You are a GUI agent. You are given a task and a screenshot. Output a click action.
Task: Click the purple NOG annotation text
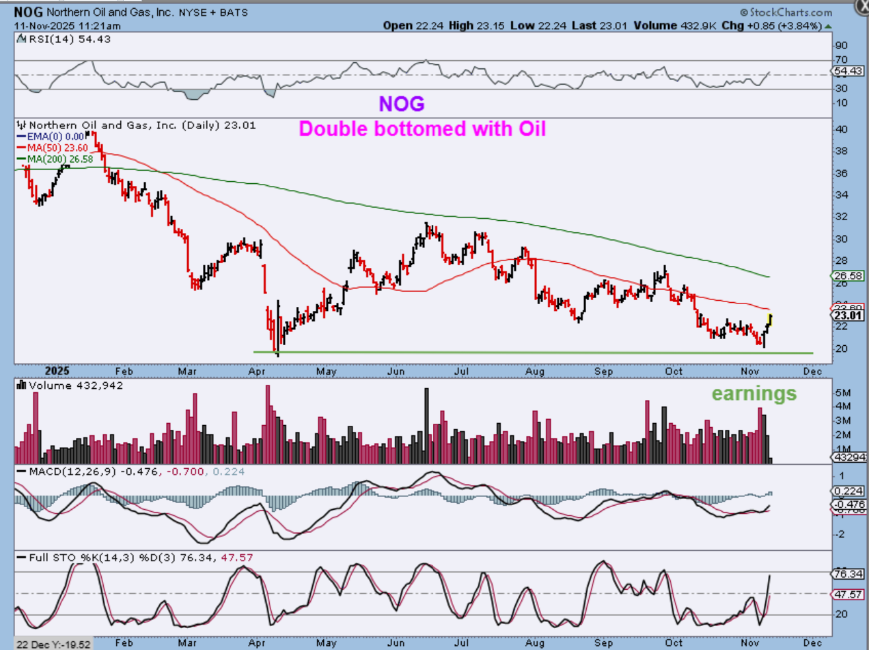point(402,104)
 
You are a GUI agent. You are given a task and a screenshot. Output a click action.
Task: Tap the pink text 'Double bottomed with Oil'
point(422,128)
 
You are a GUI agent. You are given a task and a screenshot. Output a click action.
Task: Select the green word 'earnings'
point(754,394)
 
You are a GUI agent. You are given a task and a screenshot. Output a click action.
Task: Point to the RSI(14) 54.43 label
point(61,39)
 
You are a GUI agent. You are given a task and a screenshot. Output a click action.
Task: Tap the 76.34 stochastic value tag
point(847,573)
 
